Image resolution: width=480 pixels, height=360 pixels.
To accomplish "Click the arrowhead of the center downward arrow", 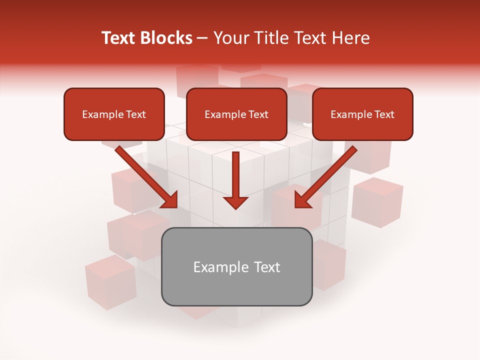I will point(235,202).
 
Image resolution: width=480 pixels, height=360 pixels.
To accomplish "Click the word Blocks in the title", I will point(166,38).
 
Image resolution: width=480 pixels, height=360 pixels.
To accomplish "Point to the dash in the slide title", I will point(203,38).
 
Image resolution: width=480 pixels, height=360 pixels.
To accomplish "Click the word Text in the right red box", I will point(384,114).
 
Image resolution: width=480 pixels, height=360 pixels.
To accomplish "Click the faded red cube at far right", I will point(377,202).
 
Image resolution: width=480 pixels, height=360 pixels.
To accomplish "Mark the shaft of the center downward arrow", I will point(235,172).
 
